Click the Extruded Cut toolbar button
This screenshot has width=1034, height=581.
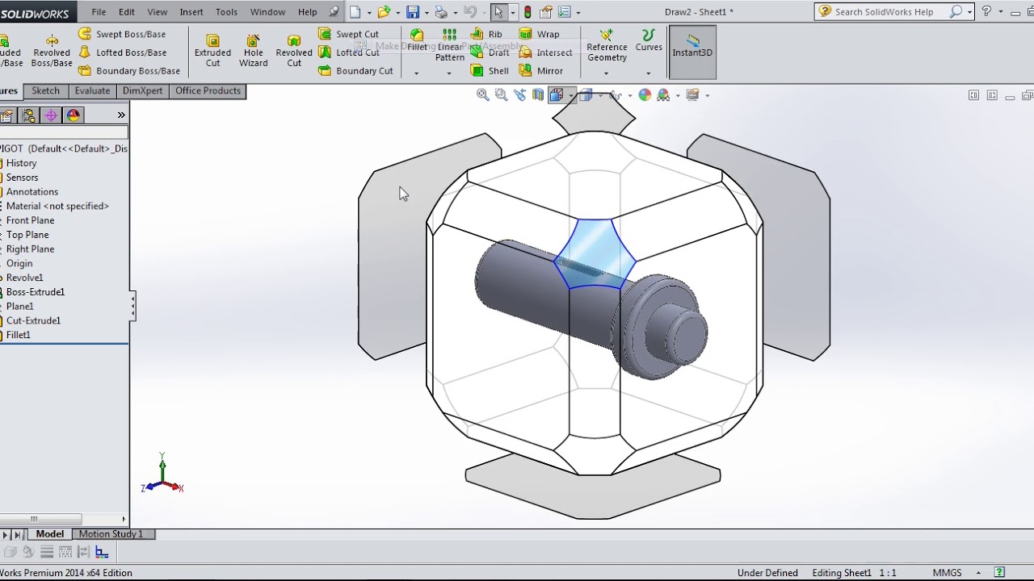(212, 51)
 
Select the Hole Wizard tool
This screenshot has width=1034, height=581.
(253, 51)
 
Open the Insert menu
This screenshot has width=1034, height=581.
(191, 12)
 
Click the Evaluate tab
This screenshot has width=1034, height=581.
(92, 91)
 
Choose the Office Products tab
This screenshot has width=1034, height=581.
(208, 91)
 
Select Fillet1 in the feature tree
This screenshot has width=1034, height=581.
(19, 335)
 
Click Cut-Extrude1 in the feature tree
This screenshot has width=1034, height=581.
(33, 320)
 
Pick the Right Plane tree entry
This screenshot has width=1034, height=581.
(30, 249)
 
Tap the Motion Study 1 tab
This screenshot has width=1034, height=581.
(111, 534)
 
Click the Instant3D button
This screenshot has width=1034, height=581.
(692, 52)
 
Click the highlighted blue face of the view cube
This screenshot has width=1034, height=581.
(595, 253)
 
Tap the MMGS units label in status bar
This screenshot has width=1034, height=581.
(947, 573)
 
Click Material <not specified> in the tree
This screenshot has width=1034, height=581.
(57, 207)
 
